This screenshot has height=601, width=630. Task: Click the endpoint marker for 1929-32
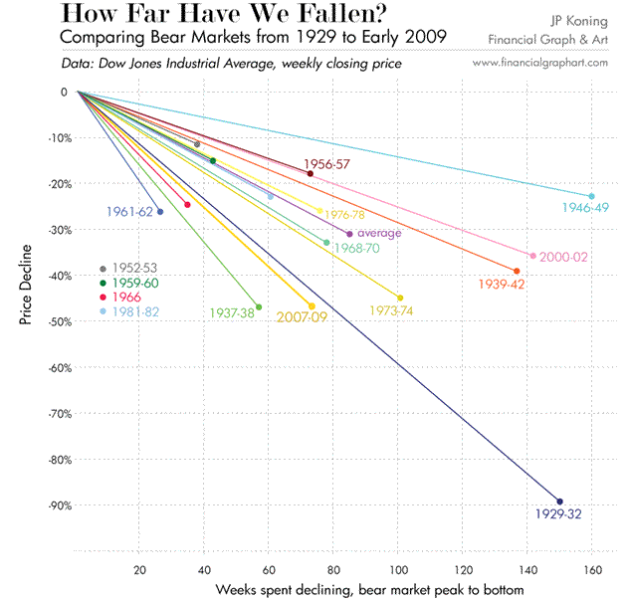(x=559, y=501)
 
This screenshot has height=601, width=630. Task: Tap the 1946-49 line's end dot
(x=591, y=196)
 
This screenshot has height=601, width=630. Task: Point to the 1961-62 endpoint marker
(x=160, y=212)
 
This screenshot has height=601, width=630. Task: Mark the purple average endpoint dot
(x=349, y=234)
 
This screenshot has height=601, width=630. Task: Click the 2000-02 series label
(x=565, y=257)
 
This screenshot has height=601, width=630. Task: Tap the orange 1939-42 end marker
(x=516, y=271)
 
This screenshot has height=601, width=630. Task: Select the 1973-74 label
(x=390, y=311)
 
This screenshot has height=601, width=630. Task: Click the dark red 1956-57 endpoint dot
(x=311, y=173)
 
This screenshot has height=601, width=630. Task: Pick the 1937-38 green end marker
(x=259, y=307)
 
